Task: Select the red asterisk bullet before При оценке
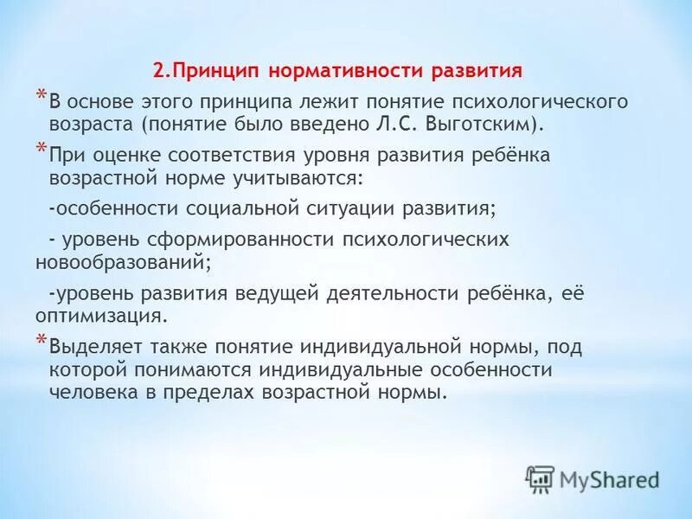coord(40,150)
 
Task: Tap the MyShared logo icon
coord(540,477)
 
